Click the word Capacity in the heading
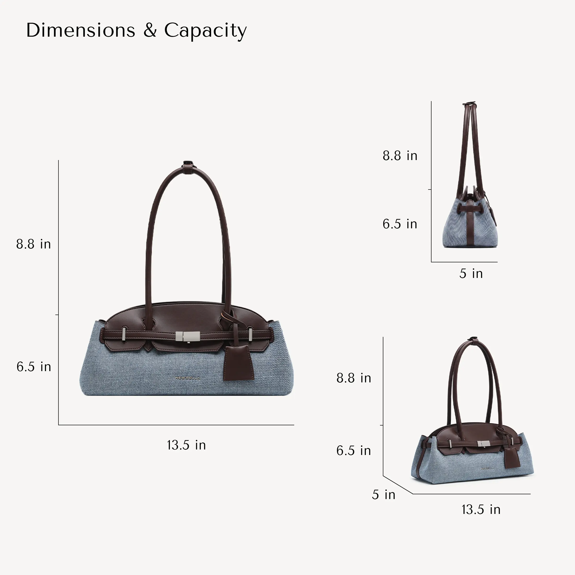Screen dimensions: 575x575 click(x=205, y=31)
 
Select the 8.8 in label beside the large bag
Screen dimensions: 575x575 click(x=33, y=244)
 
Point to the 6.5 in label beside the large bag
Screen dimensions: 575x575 click(x=34, y=367)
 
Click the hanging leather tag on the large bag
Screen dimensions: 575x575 click(x=238, y=363)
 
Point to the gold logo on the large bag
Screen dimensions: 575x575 click(x=188, y=378)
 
